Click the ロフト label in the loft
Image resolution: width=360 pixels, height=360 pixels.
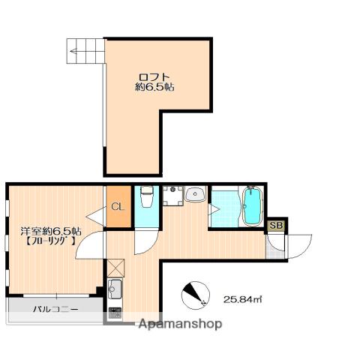point(154,76)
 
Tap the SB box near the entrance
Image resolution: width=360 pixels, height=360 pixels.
point(277,226)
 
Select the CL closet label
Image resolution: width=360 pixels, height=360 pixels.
point(118,207)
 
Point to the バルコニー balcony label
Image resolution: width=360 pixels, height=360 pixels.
point(55,309)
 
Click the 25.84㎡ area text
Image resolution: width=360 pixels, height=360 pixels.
point(242,299)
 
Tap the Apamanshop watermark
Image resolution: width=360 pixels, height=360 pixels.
point(180,324)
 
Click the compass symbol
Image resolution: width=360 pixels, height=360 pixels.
point(196,295)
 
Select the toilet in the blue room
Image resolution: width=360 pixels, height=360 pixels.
point(147,196)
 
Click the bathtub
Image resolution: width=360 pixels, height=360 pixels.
point(253,206)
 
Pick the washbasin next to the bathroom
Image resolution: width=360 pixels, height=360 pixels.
point(195,193)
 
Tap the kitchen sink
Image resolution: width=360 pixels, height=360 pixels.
point(115,289)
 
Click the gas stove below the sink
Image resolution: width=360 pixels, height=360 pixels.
point(115,313)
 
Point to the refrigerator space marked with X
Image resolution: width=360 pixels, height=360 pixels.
point(115,268)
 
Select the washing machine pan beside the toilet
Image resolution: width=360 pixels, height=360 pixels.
point(173,196)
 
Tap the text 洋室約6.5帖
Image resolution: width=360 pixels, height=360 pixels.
point(51,230)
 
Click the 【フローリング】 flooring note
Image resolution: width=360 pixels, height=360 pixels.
point(50,241)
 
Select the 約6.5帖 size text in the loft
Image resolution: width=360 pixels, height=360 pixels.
point(154,87)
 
